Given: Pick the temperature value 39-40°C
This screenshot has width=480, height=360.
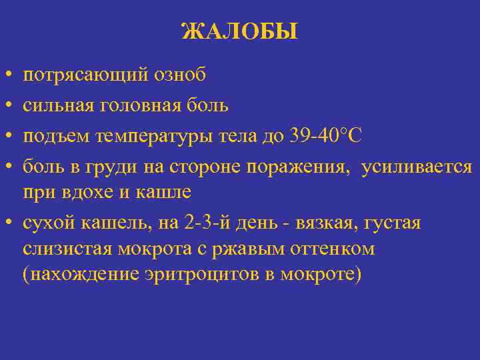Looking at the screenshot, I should (x=326, y=135).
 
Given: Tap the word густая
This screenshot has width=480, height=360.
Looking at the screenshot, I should (x=394, y=223).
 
